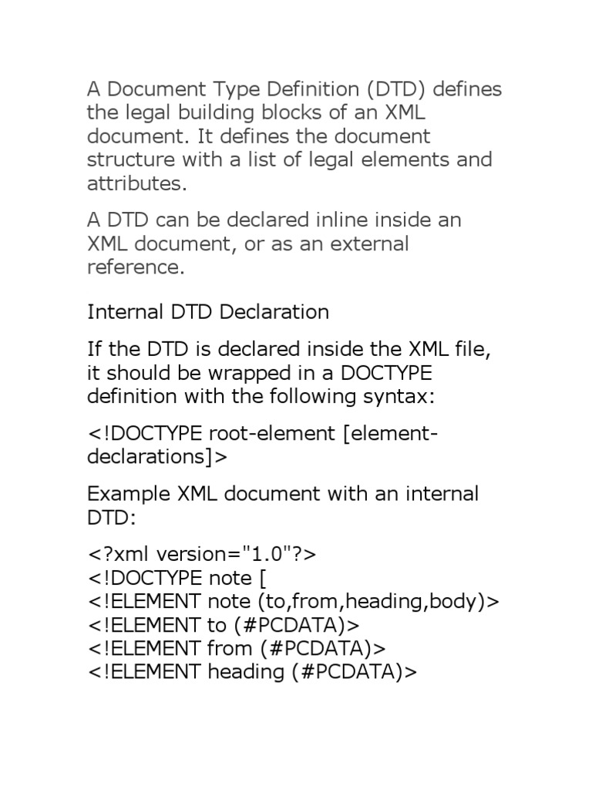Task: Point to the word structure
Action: point(128,160)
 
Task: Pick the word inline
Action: point(340,220)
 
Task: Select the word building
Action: point(197,112)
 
